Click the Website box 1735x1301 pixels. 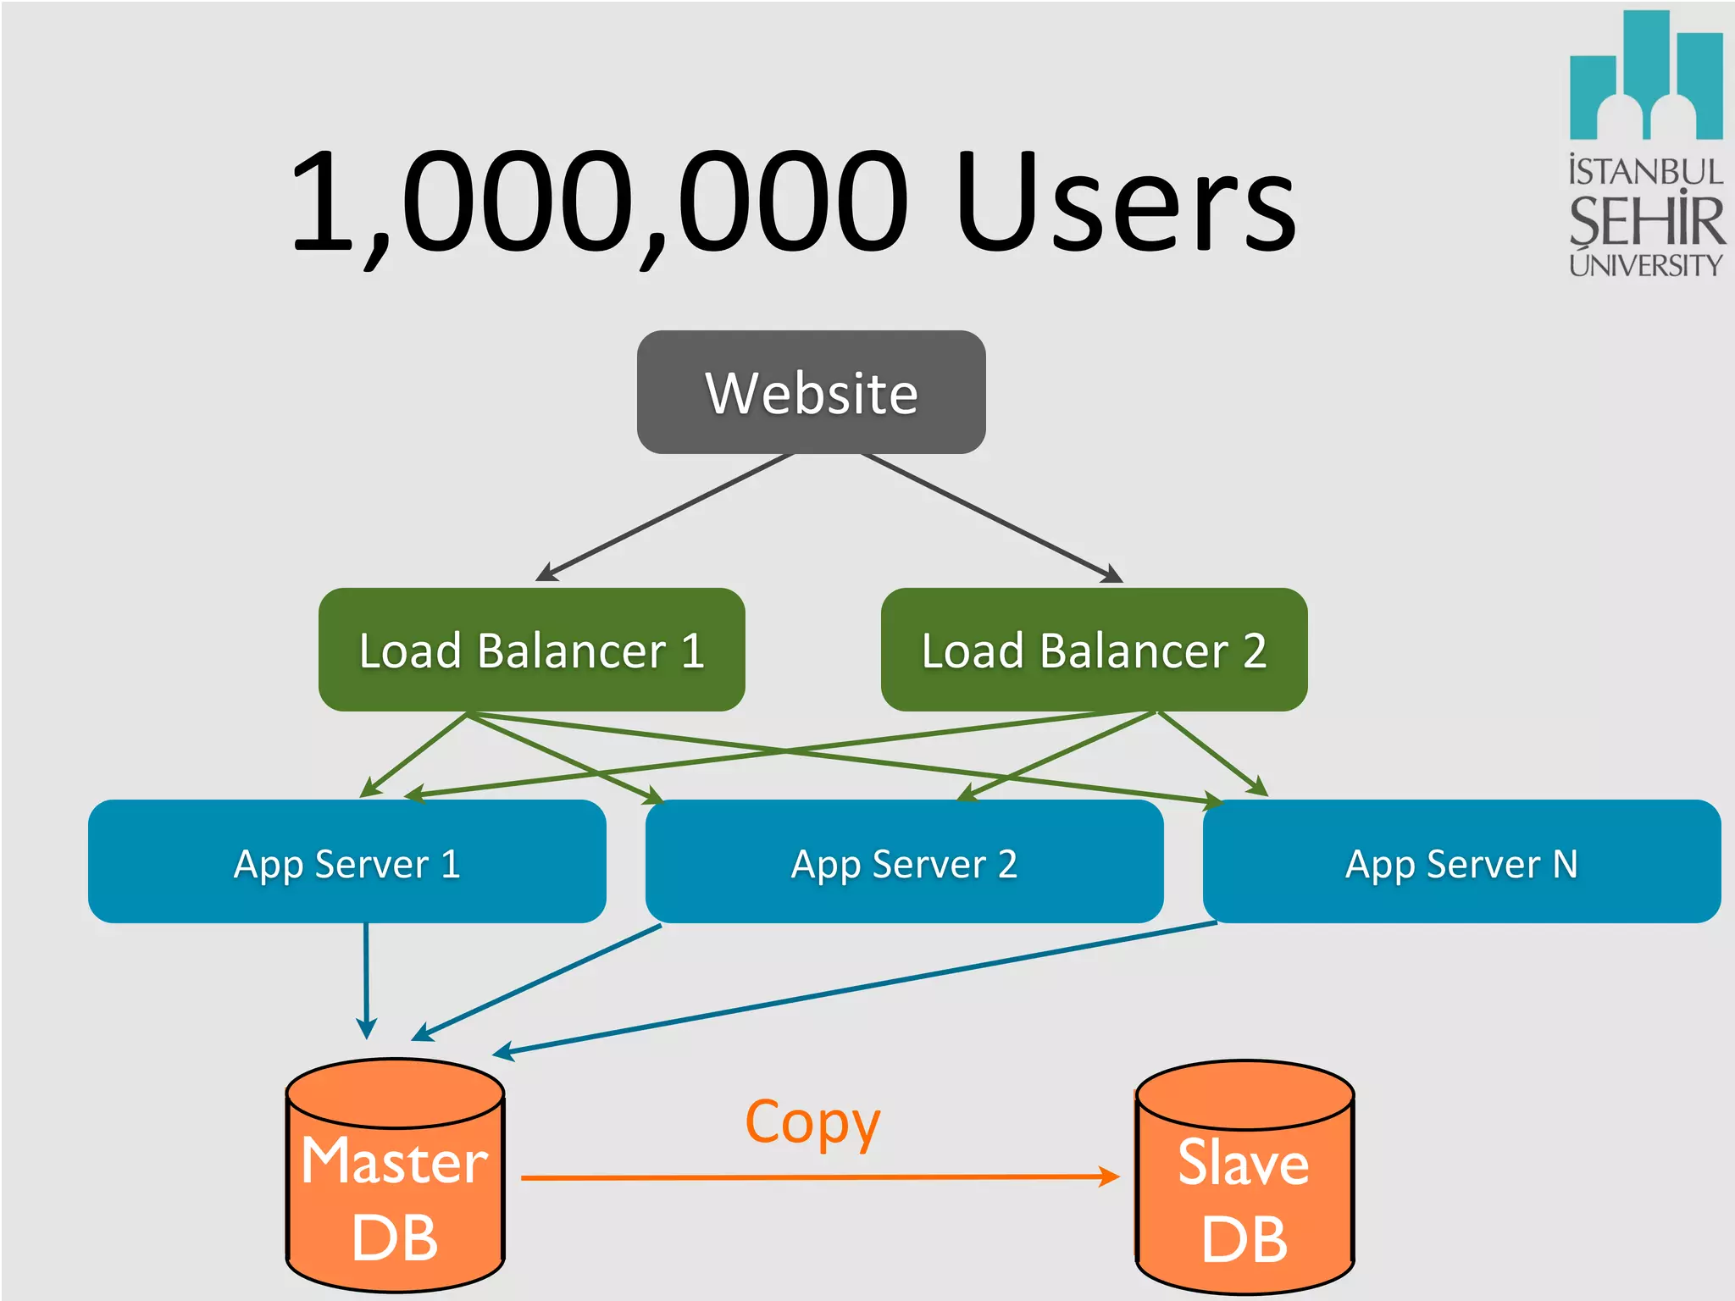pyautogui.click(x=811, y=392)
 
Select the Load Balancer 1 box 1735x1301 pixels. pyautogui.click(x=531, y=650)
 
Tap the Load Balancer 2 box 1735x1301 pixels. pyautogui.click(x=1094, y=650)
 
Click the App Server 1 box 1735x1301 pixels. pyautogui.click(x=346, y=862)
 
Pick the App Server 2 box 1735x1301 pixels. pyautogui.click(x=904, y=862)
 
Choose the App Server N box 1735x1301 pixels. pyautogui.click(x=1461, y=862)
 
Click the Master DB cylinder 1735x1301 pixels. pyautogui.click(x=395, y=1186)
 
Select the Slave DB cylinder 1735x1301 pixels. pyautogui.click(x=1244, y=1186)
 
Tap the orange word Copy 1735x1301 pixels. pyautogui.click(x=812, y=1123)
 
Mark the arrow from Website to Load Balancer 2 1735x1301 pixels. pyautogui.click(x=991, y=518)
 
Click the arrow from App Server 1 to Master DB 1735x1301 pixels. pyautogui.click(x=366, y=978)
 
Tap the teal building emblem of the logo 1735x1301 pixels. pyautogui.click(x=1645, y=80)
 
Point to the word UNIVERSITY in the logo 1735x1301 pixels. pyautogui.click(x=1645, y=265)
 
